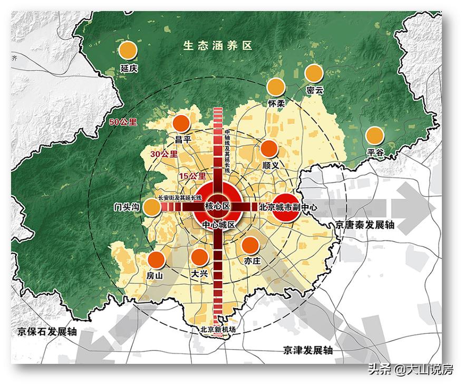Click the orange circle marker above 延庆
[128, 51]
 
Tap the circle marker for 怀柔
[276, 86]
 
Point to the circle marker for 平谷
[375, 136]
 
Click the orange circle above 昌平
[181, 123]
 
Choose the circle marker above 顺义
[269, 149]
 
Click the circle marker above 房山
[157, 260]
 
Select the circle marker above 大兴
[199, 257]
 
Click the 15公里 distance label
[193, 176]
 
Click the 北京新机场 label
[217, 330]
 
